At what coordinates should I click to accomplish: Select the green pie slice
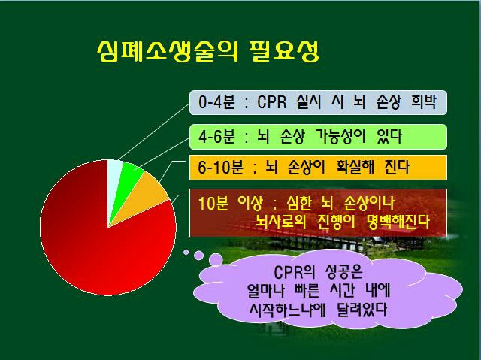point(129,178)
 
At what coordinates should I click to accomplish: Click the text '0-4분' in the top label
point(216,101)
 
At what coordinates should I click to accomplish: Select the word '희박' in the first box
point(423,101)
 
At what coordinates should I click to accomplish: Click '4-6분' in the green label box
point(216,136)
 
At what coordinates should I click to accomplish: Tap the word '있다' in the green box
point(389,136)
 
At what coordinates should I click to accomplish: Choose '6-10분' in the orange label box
point(220,168)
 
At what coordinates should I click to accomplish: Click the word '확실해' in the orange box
point(355,167)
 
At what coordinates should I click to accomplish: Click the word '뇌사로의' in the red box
point(281,222)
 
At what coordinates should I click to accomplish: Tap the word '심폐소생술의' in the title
point(168,51)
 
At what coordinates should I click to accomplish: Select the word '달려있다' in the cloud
point(362,310)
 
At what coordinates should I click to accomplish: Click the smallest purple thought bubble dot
point(186,252)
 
